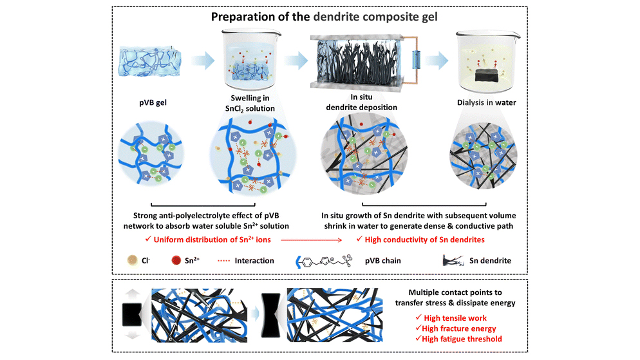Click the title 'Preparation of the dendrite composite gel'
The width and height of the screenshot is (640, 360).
click(324, 17)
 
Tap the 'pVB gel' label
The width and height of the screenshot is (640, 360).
click(153, 102)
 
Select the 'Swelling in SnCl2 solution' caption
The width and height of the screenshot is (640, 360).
click(250, 103)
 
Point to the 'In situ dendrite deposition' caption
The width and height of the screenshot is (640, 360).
click(361, 102)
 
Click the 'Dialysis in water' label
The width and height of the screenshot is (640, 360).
click(486, 102)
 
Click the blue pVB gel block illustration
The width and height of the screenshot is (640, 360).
click(149, 62)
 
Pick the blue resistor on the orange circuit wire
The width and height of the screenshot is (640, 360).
click(417, 60)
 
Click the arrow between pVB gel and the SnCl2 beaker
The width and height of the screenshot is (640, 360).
click(203, 61)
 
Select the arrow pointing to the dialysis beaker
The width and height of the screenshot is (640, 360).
click(437, 61)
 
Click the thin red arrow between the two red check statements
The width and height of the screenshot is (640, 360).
click(312, 240)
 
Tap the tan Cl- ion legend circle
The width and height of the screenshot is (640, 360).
click(132, 260)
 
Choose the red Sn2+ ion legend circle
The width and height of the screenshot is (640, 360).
click(176, 260)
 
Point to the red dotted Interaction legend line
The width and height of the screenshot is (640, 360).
click(223, 260)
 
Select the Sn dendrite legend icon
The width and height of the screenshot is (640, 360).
click(453, 260)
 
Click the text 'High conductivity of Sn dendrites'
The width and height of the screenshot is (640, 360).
click(424, 240)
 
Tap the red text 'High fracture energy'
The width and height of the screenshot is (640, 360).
click(459, 328)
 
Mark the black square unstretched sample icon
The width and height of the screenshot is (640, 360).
click(132, 315)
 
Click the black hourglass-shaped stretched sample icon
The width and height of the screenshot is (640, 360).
click(270, 315)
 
